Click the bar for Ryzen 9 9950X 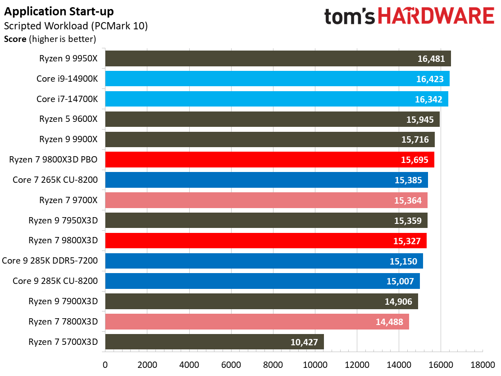pos(278,59)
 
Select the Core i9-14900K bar pos(277,79)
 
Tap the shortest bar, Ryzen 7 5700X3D pos(214,342)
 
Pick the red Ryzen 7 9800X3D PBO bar pos(269,160)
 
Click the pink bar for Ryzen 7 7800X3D pos(257,321)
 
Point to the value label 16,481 pos(431,59)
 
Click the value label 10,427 pos(305,342)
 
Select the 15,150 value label pos(403,261)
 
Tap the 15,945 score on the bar pos(419,120)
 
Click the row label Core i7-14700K pos(67,99)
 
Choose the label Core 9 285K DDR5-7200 pos(50,260)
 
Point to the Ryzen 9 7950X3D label pos(63,220)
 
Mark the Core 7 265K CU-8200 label pos(55,180)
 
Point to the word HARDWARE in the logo pos(436,17)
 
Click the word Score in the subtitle pos(15,39)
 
